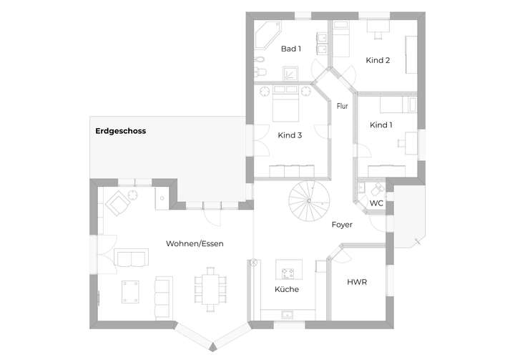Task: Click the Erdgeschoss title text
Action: [120, 131]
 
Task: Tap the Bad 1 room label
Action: [290, 49]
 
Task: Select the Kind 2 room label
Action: [378, 60]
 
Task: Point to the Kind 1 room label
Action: [381, 125]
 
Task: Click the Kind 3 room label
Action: [290, 135]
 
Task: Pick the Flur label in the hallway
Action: [342, 106]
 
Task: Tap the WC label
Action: [376, 203]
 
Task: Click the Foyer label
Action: [342, 225]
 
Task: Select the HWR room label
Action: [357, 282]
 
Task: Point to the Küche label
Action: [287, 289]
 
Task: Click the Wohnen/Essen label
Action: [195, 243]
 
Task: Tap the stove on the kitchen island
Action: [289, 273]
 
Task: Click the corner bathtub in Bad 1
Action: [269, 34]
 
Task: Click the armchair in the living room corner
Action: [117, 205]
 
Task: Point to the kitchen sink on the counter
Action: [288, 313]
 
